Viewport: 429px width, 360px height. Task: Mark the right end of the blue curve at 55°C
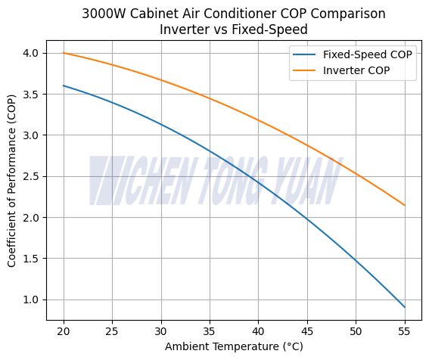pyautogui.click(x=405, y=307)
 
